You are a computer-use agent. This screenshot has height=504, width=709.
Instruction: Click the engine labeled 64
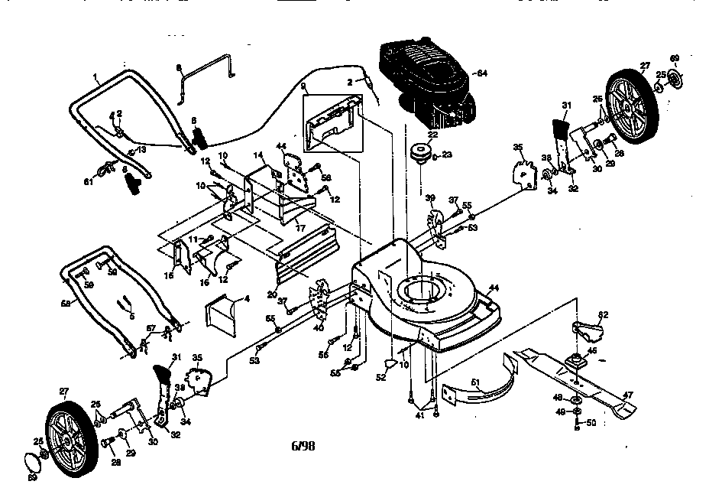[x=424, y=84]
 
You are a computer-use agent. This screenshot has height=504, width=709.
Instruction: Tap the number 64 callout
[x=481, y=73]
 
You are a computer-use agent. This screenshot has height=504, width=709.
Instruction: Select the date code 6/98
[x=303, y=446]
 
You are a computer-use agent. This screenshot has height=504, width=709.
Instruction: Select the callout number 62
[x=603, y=314]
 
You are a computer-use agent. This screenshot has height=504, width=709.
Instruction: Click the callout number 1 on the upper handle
[x=96, y=75]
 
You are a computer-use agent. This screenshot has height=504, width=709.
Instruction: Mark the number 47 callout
[x=629, y=396]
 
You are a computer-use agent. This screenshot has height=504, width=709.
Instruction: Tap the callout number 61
[x=88, y=181]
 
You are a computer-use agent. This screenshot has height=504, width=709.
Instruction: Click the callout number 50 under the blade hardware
[x=591, y=421]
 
